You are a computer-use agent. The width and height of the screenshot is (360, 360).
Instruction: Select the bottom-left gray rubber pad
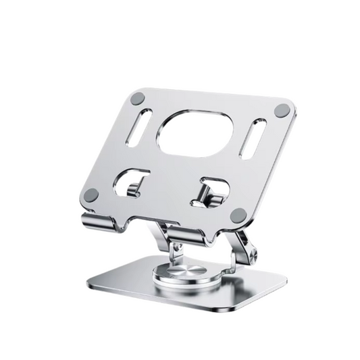click(x=91, y=195)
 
